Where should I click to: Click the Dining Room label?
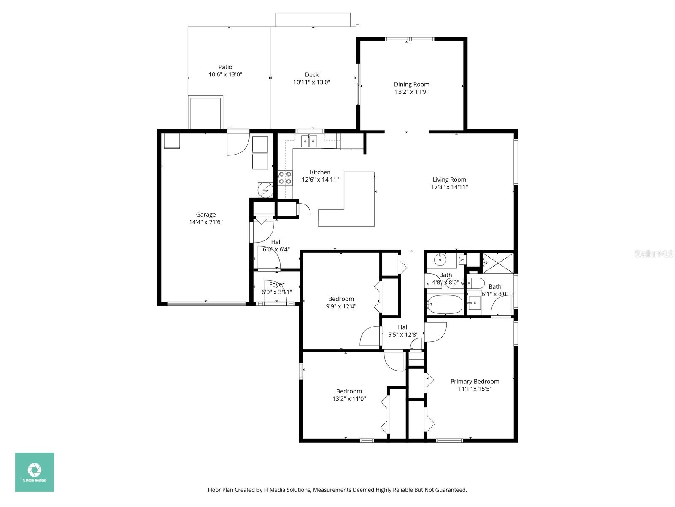(411, 84)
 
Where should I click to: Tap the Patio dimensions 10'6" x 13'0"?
(225, 74)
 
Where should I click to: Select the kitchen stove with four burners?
(285, 178)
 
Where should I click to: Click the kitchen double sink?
(309, 142)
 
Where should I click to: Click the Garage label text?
(205, 215)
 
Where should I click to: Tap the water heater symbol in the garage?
(265, 190)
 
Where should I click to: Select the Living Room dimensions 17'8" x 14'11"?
(449, 187)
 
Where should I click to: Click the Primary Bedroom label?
(475, 381)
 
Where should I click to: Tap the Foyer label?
(276, 284)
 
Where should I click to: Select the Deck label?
(311, 74)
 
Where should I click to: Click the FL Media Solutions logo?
(35, 472)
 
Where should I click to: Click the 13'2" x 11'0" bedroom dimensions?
(349, 398)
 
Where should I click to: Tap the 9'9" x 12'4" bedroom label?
(341, 299)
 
